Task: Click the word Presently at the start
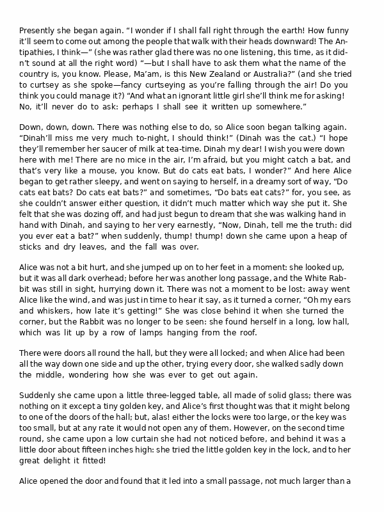(x=38, y=31)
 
